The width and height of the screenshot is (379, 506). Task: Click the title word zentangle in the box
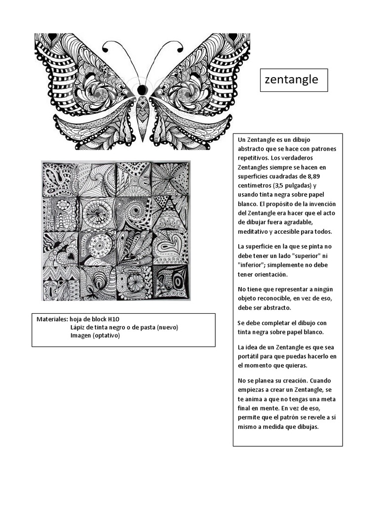(292, 80)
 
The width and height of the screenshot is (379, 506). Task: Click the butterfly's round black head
(142, 89)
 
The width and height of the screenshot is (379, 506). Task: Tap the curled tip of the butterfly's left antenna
(105, 48)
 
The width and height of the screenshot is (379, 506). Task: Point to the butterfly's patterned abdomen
(142, 114)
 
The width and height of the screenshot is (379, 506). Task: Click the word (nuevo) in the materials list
(167, 327)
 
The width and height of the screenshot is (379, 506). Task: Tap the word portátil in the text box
(251, 356)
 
